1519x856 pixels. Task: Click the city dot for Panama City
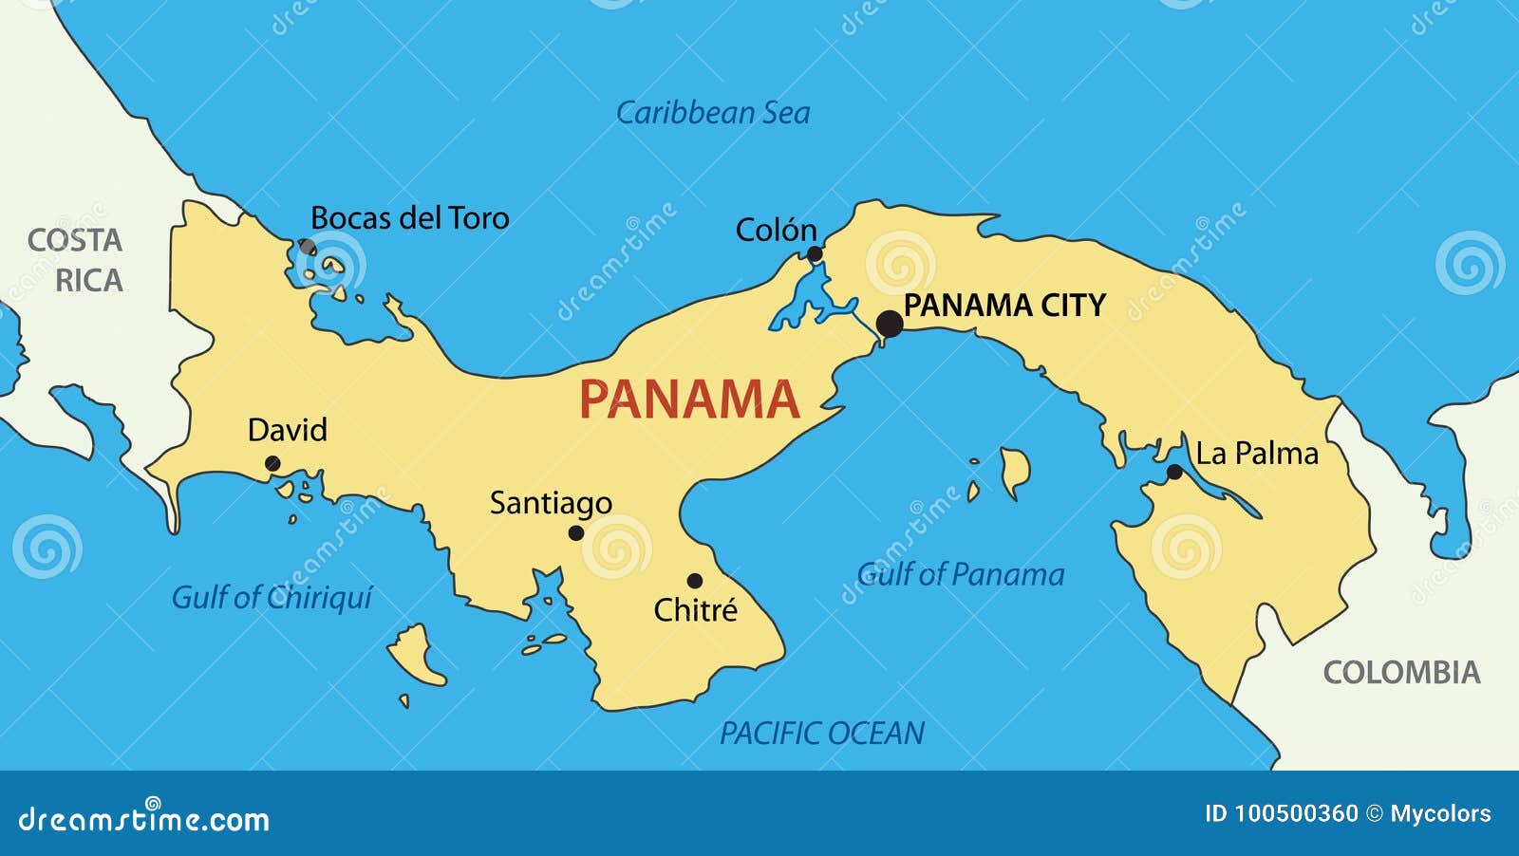[x=890, y=324]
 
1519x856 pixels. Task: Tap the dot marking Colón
[x=815, y=254]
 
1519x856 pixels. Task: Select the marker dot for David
[x=272, y=464]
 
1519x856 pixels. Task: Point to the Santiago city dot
[x=576, y=533]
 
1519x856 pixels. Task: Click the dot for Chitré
[x=695, y=581]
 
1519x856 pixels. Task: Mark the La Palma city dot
[x=1174, y=472]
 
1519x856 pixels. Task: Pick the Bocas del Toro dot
[x=308, y=247]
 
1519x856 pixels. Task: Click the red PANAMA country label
[x=689, y=400]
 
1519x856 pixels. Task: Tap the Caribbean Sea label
[x=713, y=113]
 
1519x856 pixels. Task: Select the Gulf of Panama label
[x=961, y=574]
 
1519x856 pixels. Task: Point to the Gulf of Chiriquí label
[x=272, y=597]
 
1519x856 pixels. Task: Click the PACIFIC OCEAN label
[x=822, y=733]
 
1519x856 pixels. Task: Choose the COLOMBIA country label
[x=1401, y=673]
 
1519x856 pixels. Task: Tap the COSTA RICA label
[x=76, y=261]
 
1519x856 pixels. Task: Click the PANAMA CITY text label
[x=1004, y=306]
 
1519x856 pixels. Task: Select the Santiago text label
[x=551, y=503]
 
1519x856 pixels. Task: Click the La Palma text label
[x=1257, y=454]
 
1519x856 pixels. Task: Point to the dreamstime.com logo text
[x=144, y=818]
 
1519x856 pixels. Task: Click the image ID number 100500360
[x=1295, y=813]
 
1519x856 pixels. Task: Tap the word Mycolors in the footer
[x=1440, y=813]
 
